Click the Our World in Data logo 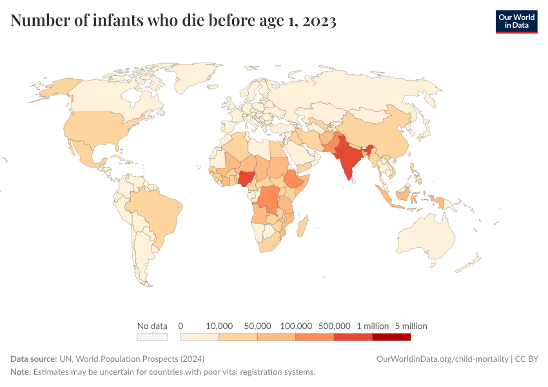click(x=516, y=21)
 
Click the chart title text click(x=173, y=21)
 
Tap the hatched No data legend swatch click(x=152, y=337)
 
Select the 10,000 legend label click(x=219, y=326)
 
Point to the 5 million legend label click(x=411, y=326)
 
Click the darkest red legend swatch click(x=391, y=337)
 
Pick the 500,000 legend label click(x=334, y=326)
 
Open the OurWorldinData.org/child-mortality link click(x=442, y=359)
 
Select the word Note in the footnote click(x=21, y=372)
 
